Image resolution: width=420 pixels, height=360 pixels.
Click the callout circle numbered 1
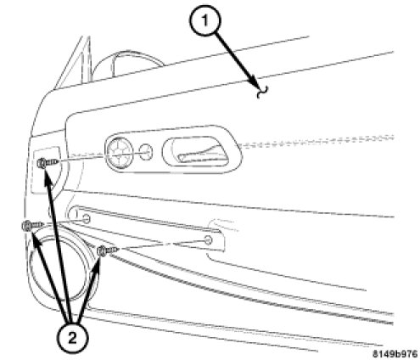click(x=204, y=21)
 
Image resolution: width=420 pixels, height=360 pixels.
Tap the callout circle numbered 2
click(x=73, y=337)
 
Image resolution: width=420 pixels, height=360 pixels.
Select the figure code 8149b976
click(x=395, y=353)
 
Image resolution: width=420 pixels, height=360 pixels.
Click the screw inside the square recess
click(x=48, y=163)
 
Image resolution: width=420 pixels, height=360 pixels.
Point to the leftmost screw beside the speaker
click(x=32, y=226)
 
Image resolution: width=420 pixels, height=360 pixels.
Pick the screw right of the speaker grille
click(x=107, y=250)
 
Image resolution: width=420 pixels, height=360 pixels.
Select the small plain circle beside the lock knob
click(x=146, y=152)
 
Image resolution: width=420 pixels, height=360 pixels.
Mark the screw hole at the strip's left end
click(x=86, y=218)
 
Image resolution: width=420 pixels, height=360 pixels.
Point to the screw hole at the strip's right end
click(x=208, y=240)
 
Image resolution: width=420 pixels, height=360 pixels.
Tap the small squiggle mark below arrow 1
click(x=262, y=93)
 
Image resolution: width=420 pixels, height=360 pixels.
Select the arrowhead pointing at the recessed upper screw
click(x=48, y=178)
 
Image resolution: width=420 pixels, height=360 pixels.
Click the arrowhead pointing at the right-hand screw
click(x=96, y=265)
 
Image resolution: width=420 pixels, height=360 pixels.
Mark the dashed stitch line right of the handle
click(x=316, y=142)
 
